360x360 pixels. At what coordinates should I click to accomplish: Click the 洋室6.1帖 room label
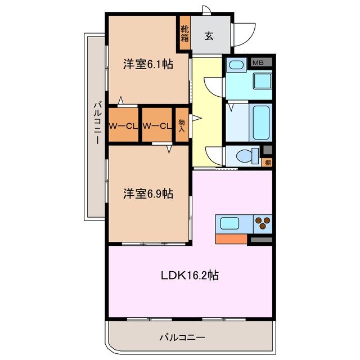tap(148, 64)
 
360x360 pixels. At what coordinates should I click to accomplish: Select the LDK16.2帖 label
tap(190, 276)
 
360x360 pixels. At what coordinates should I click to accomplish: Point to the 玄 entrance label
tap(208, 37)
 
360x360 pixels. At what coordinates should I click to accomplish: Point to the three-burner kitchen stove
tap(262, 223)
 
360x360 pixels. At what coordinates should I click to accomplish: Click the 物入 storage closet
tap(182, 125)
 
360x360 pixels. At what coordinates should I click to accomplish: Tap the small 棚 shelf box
tap(267, 163)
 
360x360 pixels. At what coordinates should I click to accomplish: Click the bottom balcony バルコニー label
tap(182, 337)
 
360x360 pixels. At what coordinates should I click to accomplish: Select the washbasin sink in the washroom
tap(236, 66)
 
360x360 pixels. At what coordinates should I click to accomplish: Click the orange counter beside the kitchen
tap(231, 238)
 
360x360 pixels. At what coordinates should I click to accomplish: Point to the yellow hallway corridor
tap(207, 112)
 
